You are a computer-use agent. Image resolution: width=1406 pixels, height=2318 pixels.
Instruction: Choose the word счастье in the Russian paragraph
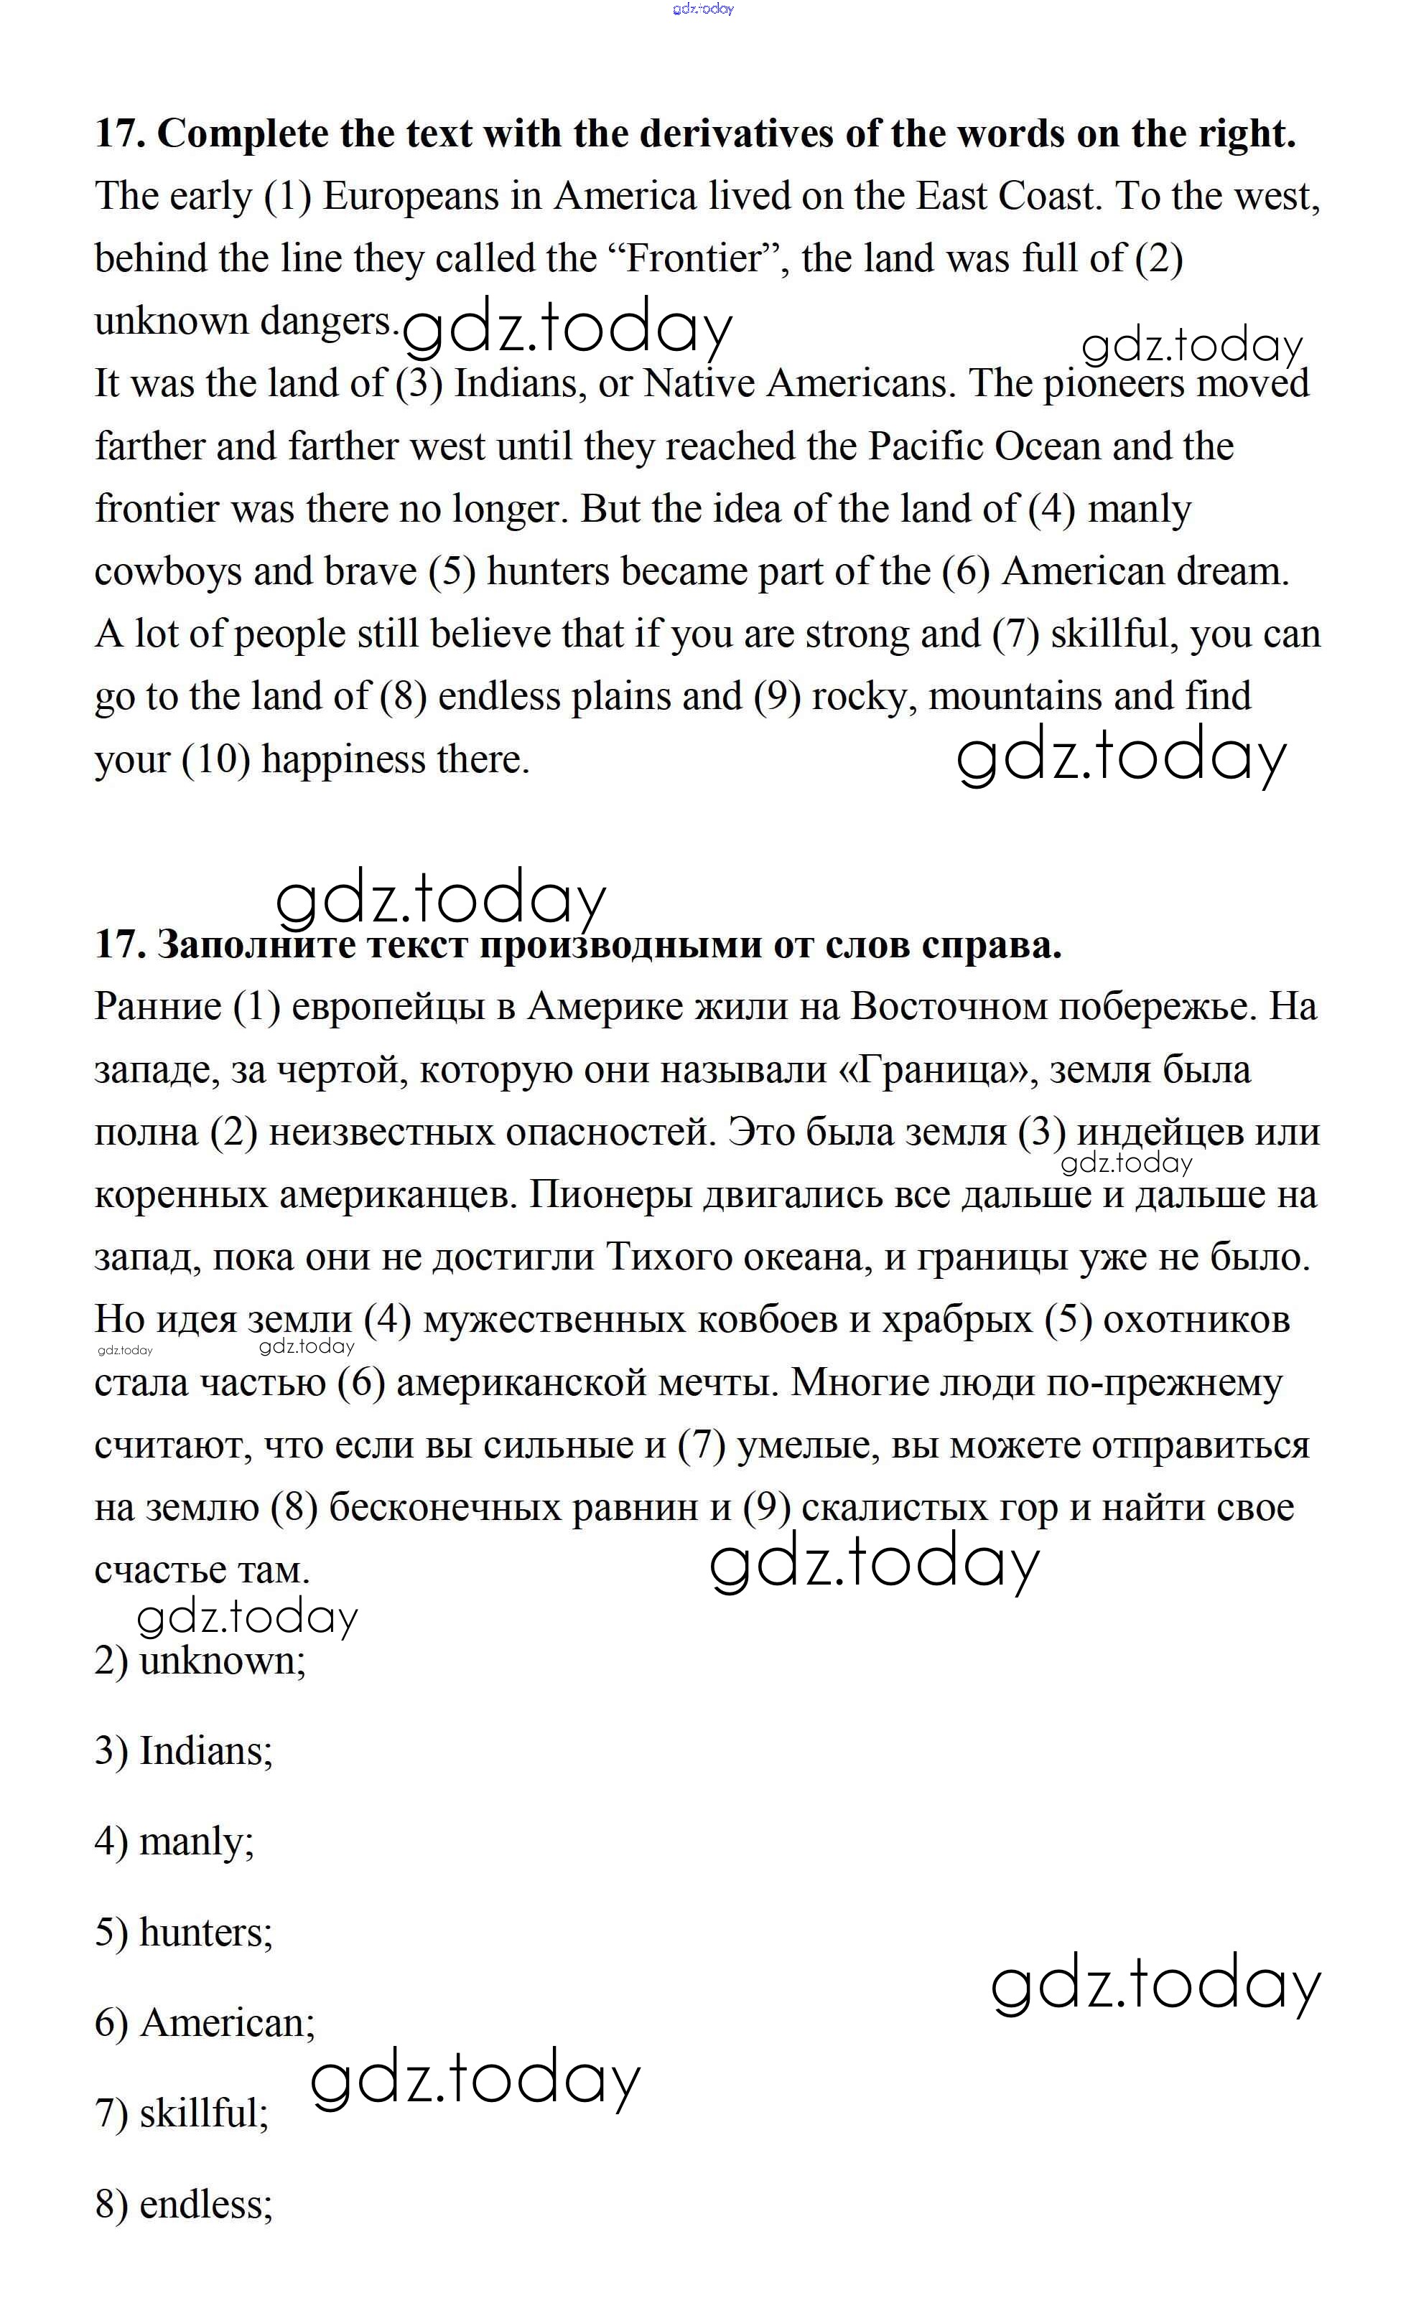154,1570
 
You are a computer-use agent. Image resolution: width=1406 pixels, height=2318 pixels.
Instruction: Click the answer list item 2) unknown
200,1661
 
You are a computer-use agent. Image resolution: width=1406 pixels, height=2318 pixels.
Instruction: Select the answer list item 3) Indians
184,1752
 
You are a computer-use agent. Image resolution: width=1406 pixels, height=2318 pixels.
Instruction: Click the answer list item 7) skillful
182,2114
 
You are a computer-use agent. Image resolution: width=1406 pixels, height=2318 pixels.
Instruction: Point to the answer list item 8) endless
184,2204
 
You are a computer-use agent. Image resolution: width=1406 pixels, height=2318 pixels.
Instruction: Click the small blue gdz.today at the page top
703,9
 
